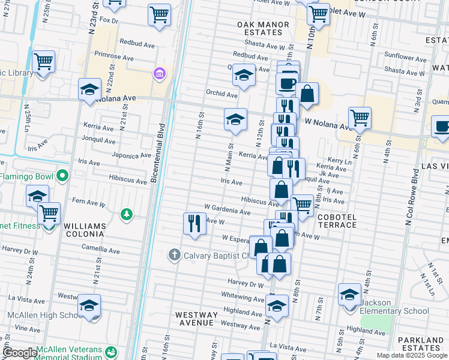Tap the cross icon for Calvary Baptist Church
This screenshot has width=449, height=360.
pyautogui.click(x=175, y=255)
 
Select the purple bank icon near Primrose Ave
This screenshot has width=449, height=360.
pyautogui.click(x=159, y=74)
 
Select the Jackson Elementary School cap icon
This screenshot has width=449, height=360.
pyautogui.click(x=349, y=295)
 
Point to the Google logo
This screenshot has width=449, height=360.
pyautogui.click(x=20, y=353)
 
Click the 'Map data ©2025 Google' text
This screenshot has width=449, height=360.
pyautogui.click(x=412, y=355)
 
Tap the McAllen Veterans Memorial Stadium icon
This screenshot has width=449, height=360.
pyautogui.click(x=110, y=352)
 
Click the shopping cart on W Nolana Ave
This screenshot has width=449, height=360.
pyautogui.click(x=359, y=118)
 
